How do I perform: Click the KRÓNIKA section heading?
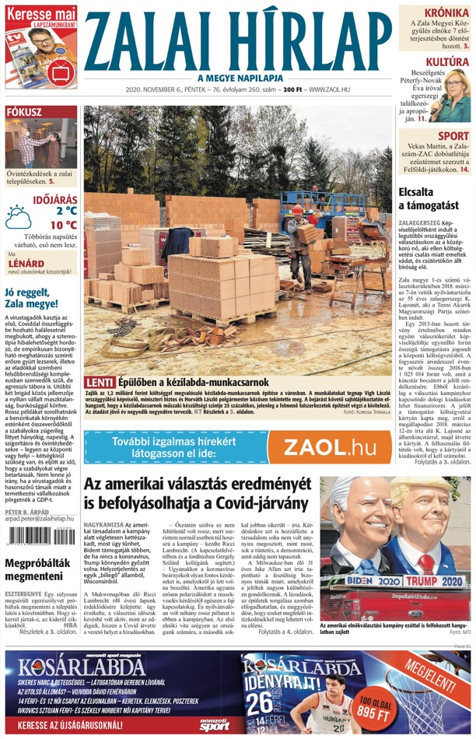(x=446, y=13)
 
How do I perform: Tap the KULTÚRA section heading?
(x=447, y=61)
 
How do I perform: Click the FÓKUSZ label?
(x=24, y=112)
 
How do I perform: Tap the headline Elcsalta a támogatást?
(x=428, y=198)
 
